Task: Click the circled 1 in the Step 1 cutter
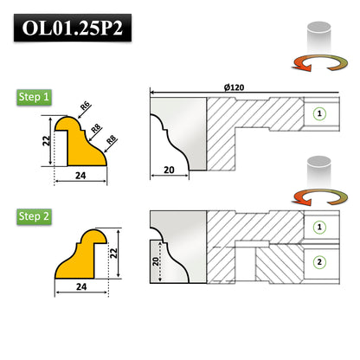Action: [320, 112]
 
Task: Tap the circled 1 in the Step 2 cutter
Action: [320, 227]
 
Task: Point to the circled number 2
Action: [320, 261]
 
